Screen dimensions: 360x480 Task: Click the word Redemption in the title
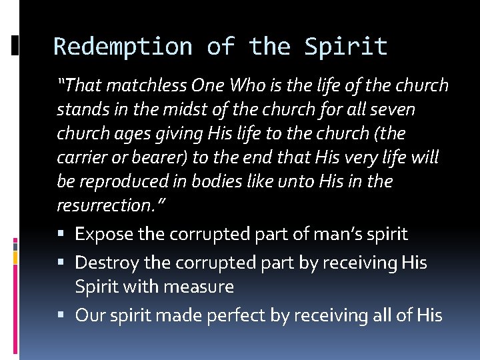(x=123, y=47)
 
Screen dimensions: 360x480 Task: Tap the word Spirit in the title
(x=345, y=47)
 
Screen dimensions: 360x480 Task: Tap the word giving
(x=175, y=134)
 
